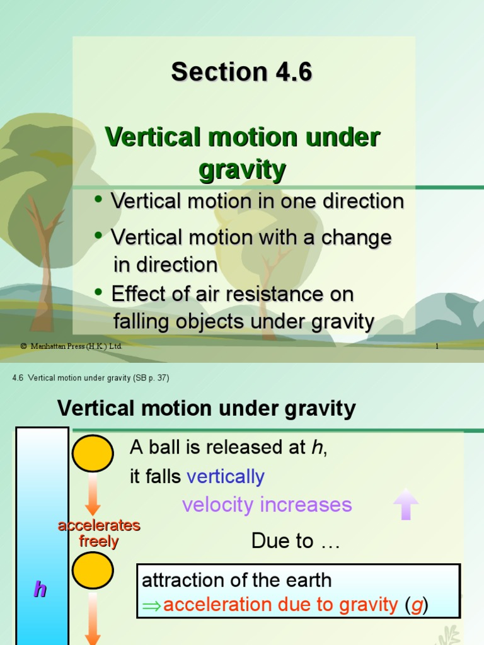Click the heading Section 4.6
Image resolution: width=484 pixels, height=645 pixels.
pyautogui.click(x=241, y=72)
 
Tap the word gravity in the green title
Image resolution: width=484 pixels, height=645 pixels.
pyautogui.click(x=242, y=170)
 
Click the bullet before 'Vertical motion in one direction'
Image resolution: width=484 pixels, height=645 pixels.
pyautogui.click(x=98, y=200)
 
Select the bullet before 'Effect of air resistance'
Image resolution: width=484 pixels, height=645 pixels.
pyautogui.click(x=98, y=292)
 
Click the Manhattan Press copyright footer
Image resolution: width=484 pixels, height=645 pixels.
pyautogui.click(x=71, y=346)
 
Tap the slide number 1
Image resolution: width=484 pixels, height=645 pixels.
pyautogui.click(x=436, y=346)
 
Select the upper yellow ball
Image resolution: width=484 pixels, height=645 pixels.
pyautogui.click(x=93, y=454)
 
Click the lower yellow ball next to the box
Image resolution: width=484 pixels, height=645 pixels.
pyautogui.click(x=93, y=571)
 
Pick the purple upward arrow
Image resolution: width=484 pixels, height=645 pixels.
pyautogui.click(x=405, y=504)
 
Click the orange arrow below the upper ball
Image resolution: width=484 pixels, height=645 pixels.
pyautogui.click(x=93, y=494)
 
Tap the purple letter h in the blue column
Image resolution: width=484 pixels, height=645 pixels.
pyautogui.click(x=40, y=590)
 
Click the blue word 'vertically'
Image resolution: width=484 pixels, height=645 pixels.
pyautogui.click(x=226, y=477)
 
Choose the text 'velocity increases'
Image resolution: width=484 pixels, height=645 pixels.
pyautogui.click(x=267, y=505)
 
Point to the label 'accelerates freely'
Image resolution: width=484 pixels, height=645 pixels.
pyautogui.click(x=99, y=534)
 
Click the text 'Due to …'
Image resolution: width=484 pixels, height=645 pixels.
pyautogui.click(x=296, y=541)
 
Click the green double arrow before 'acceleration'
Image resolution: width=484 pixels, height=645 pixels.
pyautogui.click(x=152, y=606)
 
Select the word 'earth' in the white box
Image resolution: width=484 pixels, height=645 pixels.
pyautogui.click(x=308, y=580)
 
